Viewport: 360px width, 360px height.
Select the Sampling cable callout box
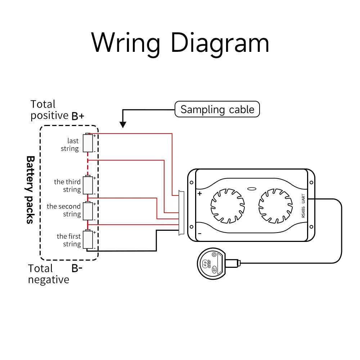pyautogui.click(x=217, y=109)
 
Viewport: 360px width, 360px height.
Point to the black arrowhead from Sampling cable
pyautogui.click(x=123, y=125)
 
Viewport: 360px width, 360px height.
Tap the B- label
pyautogui.click(x=77, y=268)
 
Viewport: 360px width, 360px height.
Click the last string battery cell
pyautogui.click(x=88, y=143)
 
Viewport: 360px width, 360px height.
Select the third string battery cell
pyautogui.click(x=88, y=185)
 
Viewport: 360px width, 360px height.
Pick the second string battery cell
pyautogui.click(x=88, y=211)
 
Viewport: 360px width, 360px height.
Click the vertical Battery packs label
pyautogui.click(x=30, y=190)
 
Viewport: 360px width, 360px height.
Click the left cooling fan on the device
pyautogui.click(x=227, y=205)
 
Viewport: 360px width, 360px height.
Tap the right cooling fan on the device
pyautogui.click(x=275, y=205)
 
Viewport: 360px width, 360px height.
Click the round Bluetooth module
pyautogui.click(x=211, y=265)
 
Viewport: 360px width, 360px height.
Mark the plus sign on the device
pyautogui.click(x=199, y=194)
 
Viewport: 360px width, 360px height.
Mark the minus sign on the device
pyautogui.click(x=199, y=233)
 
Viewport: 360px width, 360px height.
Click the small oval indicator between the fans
pyautogui.click(x=251, y=188)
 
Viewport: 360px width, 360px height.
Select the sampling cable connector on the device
pyautogui.click(x=181, y=213)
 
